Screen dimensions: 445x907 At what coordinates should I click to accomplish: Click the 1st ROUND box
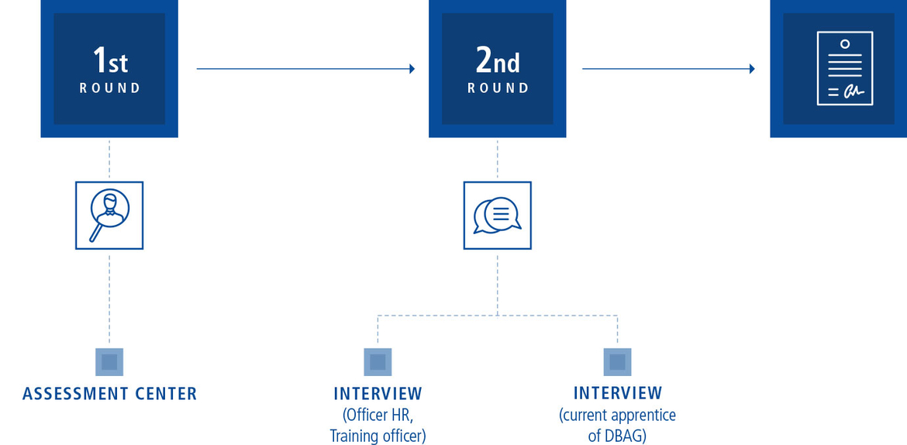pos(109,68)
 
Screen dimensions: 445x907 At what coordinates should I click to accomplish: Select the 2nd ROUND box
pos(497,68)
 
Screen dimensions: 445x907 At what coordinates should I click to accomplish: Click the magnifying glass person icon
pos(109,216)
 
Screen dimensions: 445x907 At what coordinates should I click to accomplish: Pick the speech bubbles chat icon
pos(497,216)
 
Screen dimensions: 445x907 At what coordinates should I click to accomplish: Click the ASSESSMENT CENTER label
pos(109,394)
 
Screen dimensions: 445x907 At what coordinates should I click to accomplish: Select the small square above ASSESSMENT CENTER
pos(109,361)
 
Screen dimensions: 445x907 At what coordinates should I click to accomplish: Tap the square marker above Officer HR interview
pos(378,361)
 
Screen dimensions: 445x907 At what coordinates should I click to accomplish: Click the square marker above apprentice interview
pos(618,361)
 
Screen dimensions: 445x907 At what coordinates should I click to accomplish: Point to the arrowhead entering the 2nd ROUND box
pos(412,69)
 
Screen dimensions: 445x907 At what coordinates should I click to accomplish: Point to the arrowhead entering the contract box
pos(751,69)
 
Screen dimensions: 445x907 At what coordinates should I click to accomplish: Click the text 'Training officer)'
pos(378,436)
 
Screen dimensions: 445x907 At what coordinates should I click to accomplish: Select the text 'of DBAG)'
pos(617,436)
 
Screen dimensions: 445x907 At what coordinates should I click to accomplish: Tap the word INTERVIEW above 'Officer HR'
pos(378,394)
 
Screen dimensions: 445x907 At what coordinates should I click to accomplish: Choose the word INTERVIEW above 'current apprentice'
pos(618,393)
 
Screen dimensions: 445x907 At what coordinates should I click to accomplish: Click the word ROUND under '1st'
pos(109,88)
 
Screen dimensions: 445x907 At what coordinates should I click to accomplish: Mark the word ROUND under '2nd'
pos(498,88)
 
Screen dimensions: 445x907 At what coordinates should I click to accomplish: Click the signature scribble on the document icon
pos(853,91)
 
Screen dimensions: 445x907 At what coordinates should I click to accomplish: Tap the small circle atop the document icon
pos(844,43)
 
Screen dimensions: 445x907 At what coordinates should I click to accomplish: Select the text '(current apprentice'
pos(617,415)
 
